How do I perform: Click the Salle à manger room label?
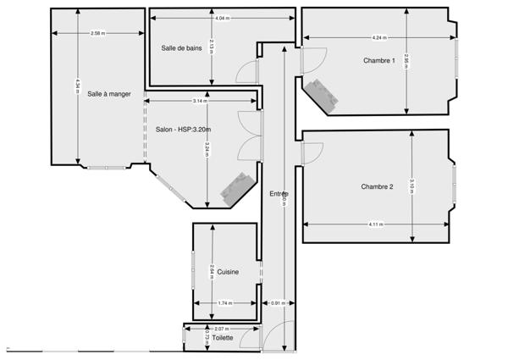click(108, 94)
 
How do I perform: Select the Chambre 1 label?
click(378, 60)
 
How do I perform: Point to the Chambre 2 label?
click(377, 186)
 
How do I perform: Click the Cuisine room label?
click(227, 272)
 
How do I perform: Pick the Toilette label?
click(222, 337)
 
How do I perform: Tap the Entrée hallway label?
click(279, 194)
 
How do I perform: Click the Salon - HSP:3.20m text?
click(183, 130)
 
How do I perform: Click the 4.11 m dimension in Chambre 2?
click(375, 224)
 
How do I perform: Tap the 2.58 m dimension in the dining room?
click(97, 33)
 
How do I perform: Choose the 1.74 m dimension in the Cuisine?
click(224, 303)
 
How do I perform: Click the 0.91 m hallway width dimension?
click(277, 303)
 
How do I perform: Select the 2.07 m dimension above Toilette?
click(222, 328)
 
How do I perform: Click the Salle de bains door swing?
click(246, 73)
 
